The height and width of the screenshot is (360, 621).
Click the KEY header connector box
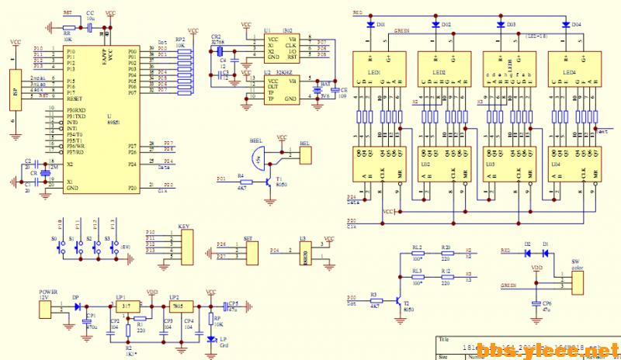(185, 244)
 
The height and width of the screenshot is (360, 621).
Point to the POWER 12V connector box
(50, 307)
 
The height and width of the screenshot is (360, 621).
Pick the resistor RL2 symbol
(418, 253)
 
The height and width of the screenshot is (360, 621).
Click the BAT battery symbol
(317, 92)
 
